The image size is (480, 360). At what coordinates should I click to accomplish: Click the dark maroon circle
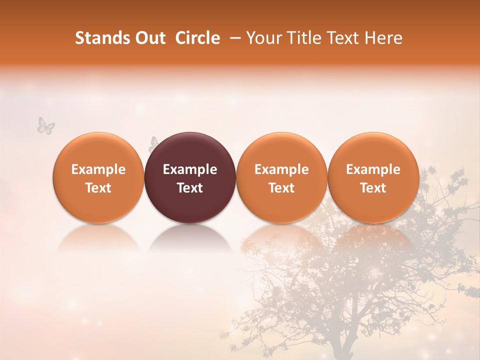coord(190,150)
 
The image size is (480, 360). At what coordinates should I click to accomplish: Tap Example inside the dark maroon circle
coord(190,169)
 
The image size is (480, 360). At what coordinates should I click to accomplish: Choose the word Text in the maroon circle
coord(190,188)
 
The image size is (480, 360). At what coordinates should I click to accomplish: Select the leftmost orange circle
coord(98,150)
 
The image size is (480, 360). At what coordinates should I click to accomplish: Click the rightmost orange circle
coord(373,150)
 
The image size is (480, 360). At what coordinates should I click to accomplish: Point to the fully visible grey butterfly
coord(45,125)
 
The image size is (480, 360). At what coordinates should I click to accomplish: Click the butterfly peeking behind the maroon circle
coord(152,144)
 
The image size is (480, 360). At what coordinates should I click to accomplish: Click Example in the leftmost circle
coord(98,169)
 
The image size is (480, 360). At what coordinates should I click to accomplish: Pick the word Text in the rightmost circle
coord(373,188)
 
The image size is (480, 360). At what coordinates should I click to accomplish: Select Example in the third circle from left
coord(281,169)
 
